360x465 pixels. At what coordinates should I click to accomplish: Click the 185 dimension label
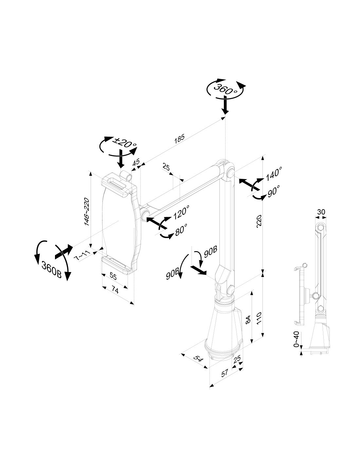click(179, 139)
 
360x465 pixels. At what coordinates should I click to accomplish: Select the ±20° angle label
click(125, 142)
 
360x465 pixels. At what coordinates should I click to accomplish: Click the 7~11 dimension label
click(81, 255)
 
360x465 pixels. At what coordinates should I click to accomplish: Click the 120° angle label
click(181, 212)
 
